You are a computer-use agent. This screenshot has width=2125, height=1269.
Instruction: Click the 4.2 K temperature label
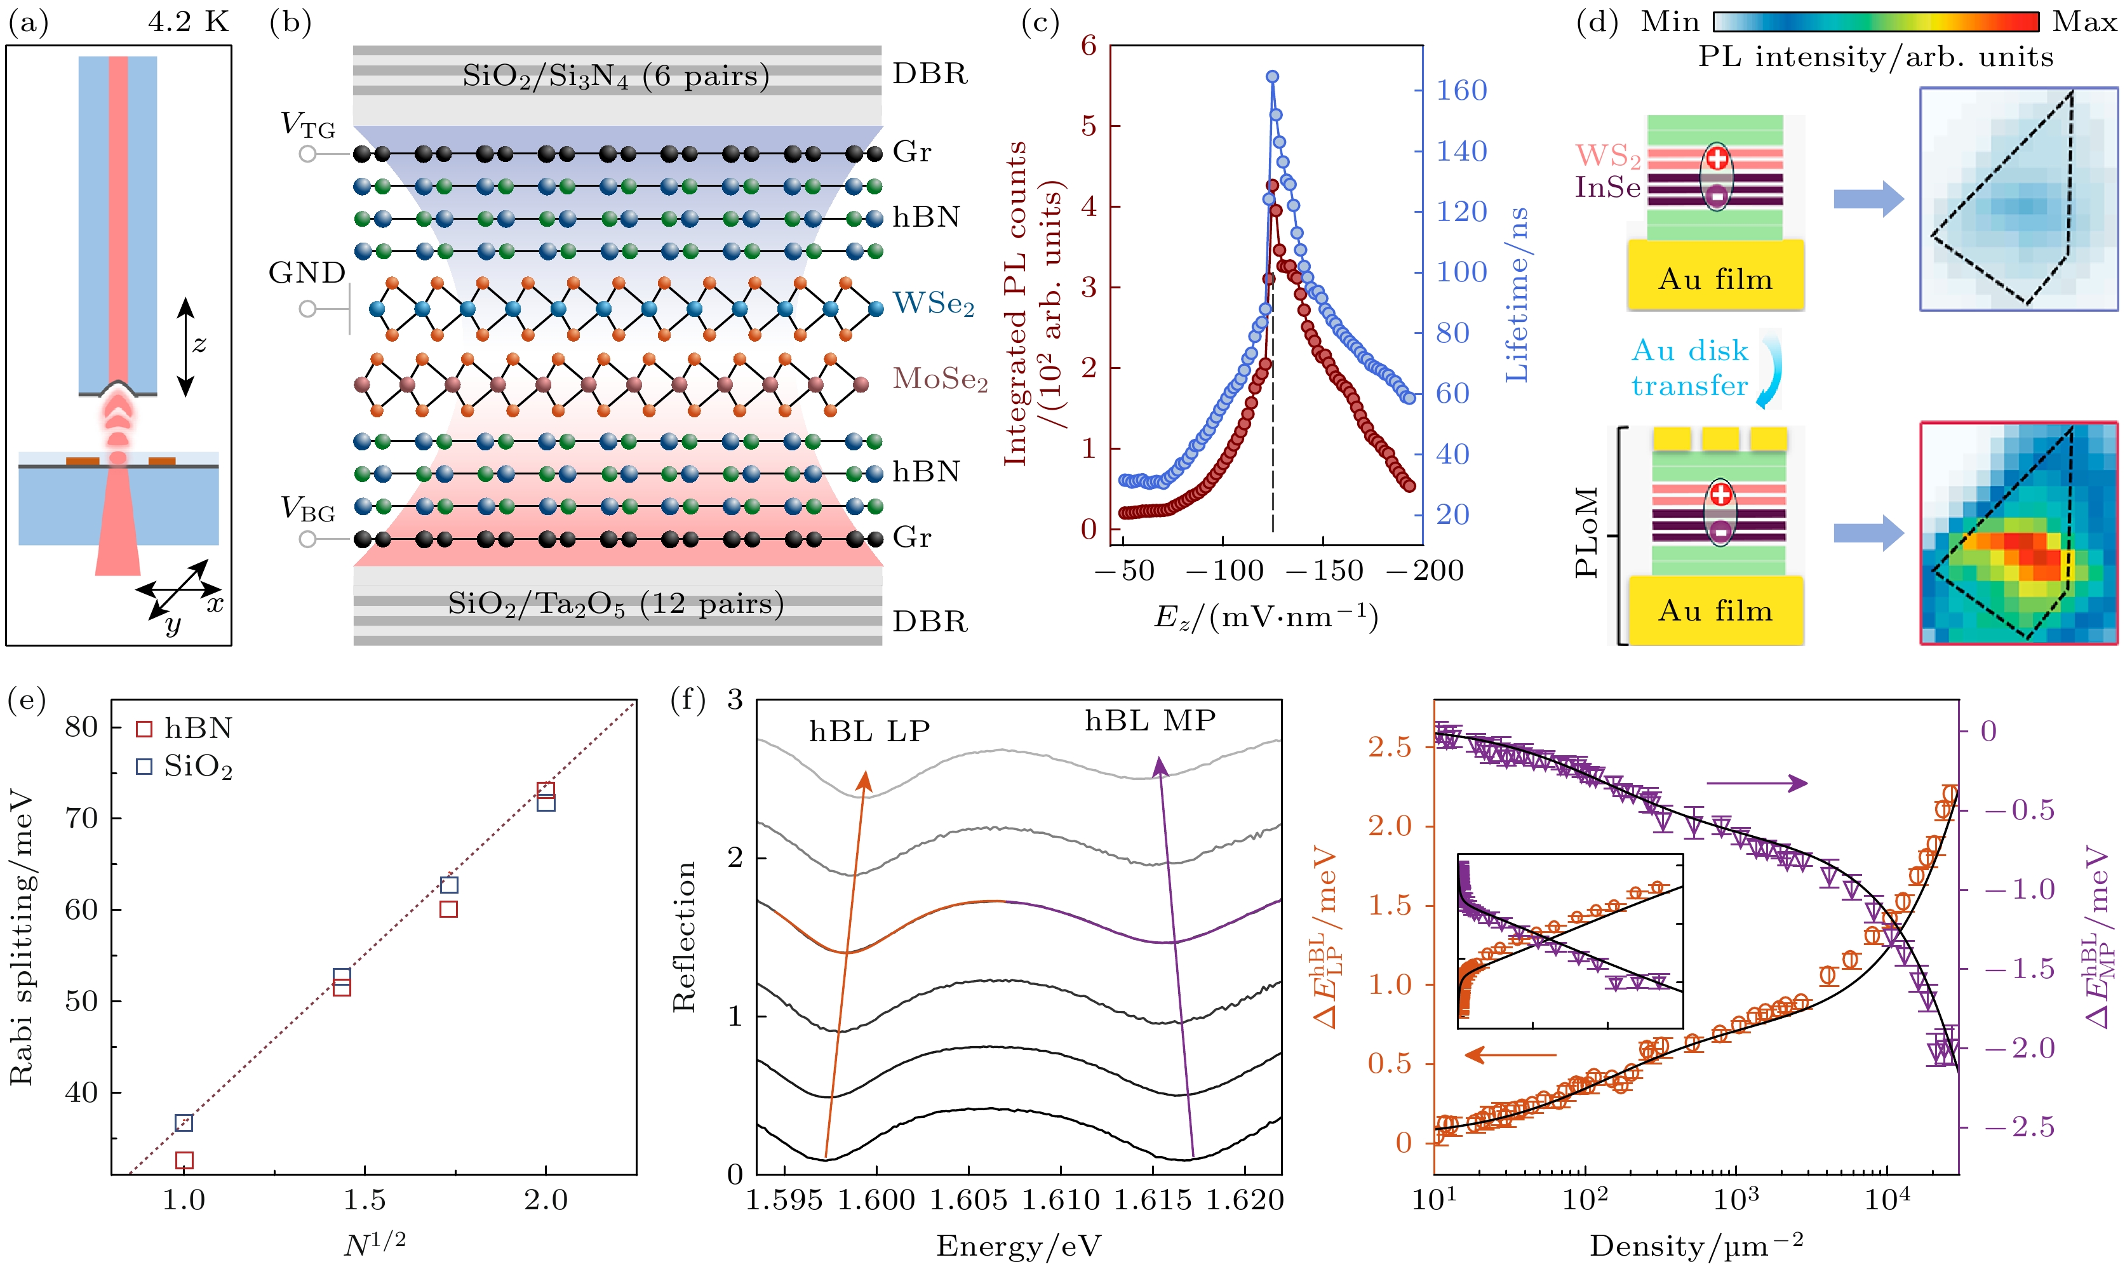(188, 22)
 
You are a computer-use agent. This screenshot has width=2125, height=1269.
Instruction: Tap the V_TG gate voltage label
(308, 126)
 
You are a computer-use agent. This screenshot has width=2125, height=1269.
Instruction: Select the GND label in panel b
(307, 272)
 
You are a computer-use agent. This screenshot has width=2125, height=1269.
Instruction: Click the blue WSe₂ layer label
(934, 304)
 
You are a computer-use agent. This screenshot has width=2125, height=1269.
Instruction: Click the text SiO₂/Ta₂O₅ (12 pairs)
(615, 605)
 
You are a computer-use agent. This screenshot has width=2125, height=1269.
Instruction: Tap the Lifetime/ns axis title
(1517, 295)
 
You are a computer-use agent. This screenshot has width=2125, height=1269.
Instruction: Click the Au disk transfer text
(1689, 368)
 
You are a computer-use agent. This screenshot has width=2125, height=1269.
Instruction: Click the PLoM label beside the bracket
(1586, 532)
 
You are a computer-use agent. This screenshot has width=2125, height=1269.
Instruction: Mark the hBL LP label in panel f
(869, 732)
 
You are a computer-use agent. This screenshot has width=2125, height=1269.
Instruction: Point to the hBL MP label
(1150, 721)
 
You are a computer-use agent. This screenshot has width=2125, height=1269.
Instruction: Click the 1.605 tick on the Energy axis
(969, 1200)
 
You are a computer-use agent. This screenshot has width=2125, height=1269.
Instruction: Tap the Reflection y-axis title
(685, 936)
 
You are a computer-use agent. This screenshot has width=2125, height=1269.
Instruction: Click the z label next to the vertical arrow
(199, 345)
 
